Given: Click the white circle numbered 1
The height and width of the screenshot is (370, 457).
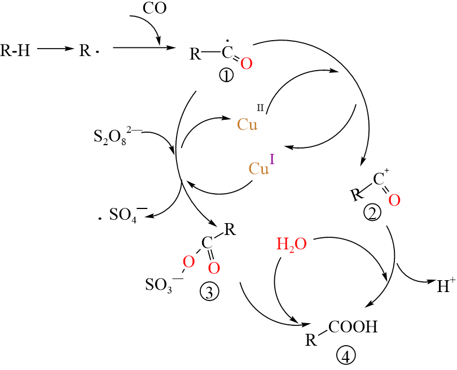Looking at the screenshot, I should [226, 75].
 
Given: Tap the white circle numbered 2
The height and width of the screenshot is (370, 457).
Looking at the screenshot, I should [372, 212].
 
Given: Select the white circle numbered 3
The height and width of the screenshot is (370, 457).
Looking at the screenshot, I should [209, 291].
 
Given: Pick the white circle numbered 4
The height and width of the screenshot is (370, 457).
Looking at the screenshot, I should [346, 355].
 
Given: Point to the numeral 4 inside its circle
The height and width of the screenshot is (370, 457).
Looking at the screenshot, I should [346, 356].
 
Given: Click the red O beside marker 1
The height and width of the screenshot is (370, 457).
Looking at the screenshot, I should [247, 64].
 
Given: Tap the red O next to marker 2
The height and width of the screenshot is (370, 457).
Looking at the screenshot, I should [394, 201].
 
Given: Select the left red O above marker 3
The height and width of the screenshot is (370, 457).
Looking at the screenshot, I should [189, 262].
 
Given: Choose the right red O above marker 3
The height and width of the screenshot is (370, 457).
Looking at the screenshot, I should [214, 268].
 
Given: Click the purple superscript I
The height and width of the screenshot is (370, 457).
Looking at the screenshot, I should [272, 159].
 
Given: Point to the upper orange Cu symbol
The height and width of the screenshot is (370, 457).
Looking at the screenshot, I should [247, 125].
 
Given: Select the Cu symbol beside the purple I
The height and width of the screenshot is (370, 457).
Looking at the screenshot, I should [258, 169].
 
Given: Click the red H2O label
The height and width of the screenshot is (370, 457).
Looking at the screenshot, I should [291, 244].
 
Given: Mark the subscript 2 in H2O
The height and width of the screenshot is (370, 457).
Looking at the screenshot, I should [292, 249].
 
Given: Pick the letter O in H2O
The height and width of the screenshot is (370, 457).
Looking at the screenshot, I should [301, 244].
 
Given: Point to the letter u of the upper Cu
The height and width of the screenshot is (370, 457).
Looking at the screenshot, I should [253, 126].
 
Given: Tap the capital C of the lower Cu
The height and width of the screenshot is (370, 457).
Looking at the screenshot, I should [254, 169].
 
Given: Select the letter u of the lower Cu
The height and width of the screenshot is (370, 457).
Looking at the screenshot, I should [264, 170].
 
